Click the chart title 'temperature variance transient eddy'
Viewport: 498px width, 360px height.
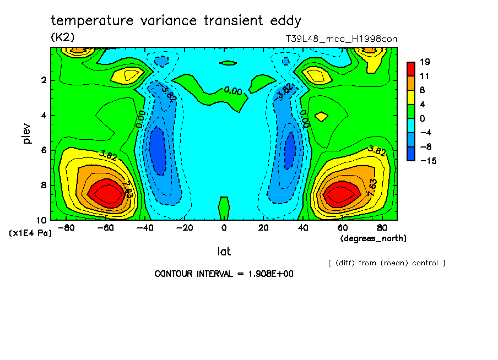click(x=176, y=21)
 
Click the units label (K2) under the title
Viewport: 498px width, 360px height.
click(x=62, y=37)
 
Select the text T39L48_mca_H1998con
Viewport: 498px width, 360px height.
click(x=341, y=39)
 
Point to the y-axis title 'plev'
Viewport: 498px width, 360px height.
click(x=27, y=133)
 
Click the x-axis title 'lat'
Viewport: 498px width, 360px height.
click(x=224, y=252)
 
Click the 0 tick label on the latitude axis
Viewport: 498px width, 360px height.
click(x=224, y=227)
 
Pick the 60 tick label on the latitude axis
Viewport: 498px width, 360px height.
click(x=343, y=227)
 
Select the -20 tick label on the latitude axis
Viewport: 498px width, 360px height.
click(x=185, y=227)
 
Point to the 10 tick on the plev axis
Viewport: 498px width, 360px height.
click(x=41, y=220)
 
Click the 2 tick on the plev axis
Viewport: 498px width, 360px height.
click(x=43, y=80)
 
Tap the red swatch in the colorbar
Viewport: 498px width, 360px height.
click(x=410, y=68)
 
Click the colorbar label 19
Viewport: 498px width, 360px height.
click(x=424, y=61)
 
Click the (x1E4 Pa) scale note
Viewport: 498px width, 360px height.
click(x=30, y=233)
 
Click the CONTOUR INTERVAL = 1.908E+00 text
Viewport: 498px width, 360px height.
click(x=224, y=274)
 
